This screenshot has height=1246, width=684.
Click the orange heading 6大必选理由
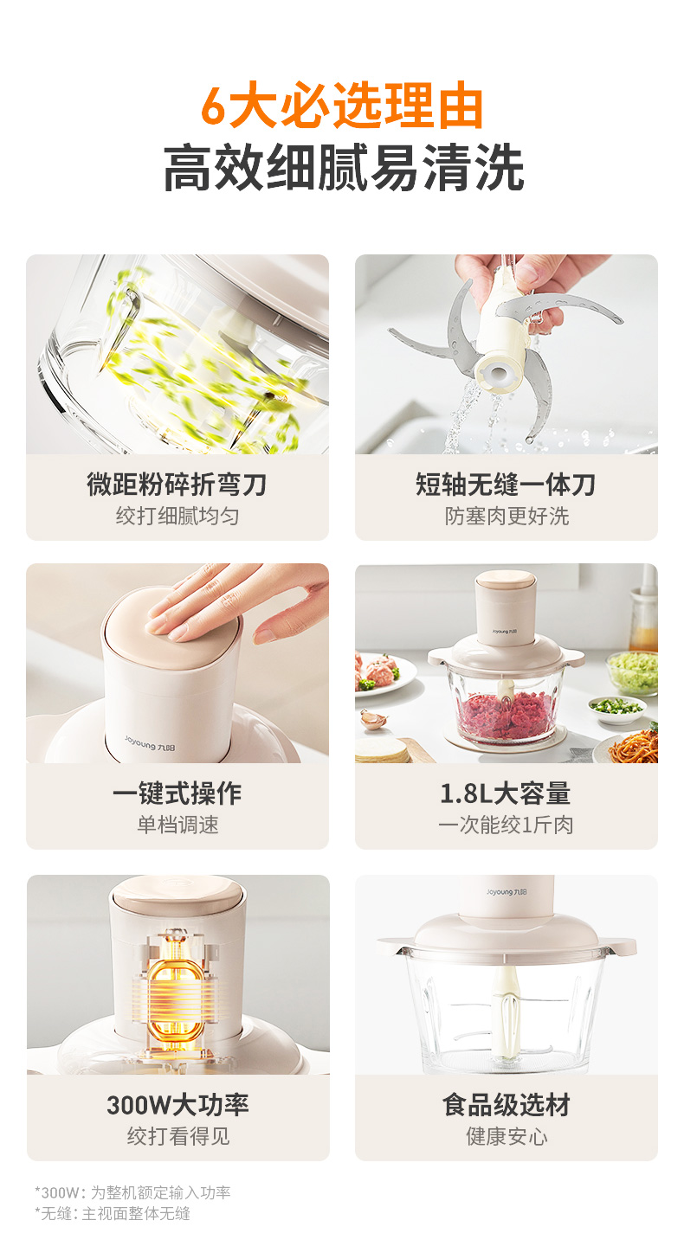click(342, 106)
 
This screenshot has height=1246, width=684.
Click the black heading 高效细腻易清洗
click(344, 168)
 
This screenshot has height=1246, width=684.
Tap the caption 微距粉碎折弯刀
click(177, 484)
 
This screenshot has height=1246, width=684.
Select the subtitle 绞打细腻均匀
click(177, 517)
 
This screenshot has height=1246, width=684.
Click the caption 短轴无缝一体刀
click(506, 484)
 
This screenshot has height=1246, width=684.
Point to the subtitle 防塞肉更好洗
click(507, 517)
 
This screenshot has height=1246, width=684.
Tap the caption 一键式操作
click(177, 793)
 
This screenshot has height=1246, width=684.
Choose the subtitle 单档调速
click(177, 825)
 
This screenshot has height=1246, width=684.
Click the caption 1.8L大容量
click(506, 793)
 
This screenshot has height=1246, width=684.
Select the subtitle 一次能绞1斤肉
click(506, 825)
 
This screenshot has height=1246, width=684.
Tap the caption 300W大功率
click(177, 1105)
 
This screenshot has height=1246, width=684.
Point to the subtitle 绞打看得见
click(178, 1136)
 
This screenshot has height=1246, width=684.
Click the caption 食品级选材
click(507, 1105)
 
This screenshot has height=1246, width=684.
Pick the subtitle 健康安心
click(507, 1136)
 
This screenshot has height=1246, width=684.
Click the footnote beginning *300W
click(132, 1192)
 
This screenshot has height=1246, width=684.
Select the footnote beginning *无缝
click(113, 1213)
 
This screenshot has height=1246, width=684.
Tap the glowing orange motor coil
click(177, 986)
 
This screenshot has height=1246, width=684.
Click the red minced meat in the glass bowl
click(507, 714)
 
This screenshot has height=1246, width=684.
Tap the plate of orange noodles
click(635, 745)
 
